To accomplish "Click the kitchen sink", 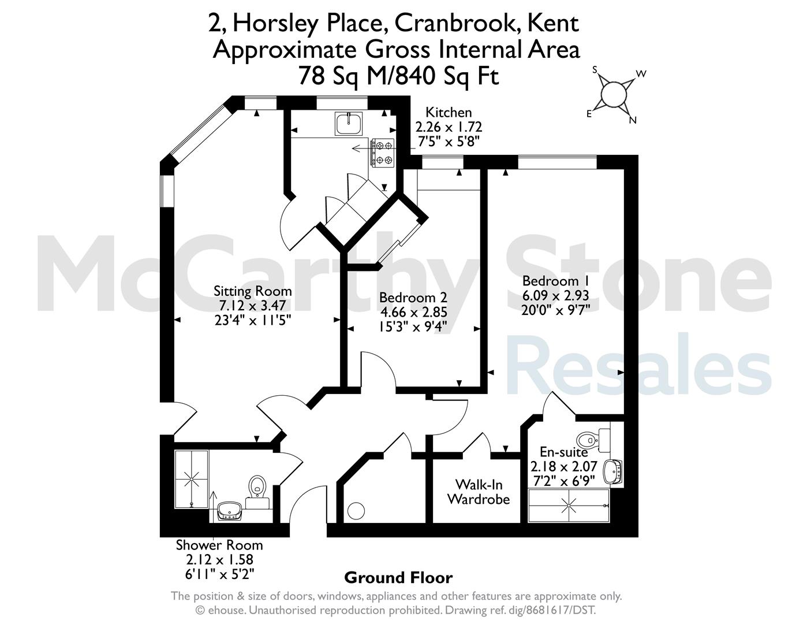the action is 349,124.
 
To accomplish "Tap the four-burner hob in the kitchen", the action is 382,153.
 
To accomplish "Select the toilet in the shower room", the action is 257,491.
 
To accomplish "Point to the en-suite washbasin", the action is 613,471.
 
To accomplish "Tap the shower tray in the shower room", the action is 192,479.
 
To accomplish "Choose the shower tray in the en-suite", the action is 569,506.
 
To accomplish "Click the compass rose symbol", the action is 612,94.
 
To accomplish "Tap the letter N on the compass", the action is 633,120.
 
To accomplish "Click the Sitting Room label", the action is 252,291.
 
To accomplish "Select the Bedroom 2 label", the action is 413,298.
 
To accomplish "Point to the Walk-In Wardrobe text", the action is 479,492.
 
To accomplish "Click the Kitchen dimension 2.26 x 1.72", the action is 449,127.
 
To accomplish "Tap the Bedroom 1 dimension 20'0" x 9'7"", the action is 555,310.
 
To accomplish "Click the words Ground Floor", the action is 398,578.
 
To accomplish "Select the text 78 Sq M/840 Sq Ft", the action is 399,76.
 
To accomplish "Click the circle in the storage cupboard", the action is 357,511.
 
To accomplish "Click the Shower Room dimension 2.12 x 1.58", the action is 220,560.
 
